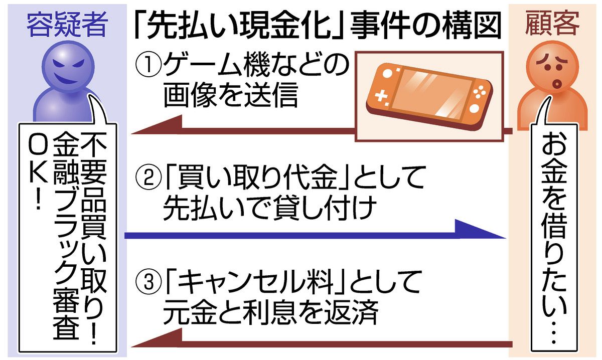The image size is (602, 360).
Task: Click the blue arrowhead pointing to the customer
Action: (482, 232)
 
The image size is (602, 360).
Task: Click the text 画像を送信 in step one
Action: (230, 96)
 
